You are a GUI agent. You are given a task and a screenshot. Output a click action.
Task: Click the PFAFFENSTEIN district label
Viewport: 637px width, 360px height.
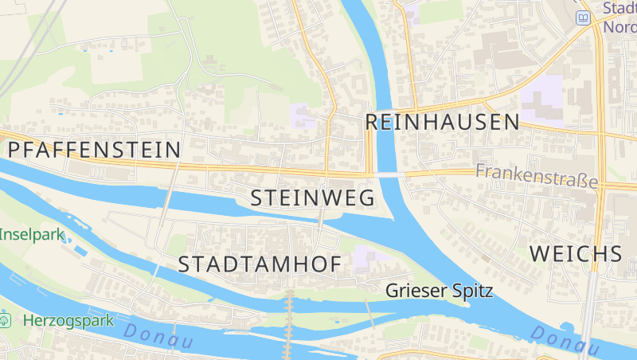pos(94,149)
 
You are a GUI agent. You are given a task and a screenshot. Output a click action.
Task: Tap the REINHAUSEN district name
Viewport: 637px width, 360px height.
pos(442,122)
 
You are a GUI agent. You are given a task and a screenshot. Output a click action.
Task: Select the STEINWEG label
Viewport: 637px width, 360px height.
pos(312,198)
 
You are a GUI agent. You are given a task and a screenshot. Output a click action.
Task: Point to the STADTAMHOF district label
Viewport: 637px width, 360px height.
pos(260,264)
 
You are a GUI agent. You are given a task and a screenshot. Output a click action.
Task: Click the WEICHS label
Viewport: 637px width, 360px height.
pos(575,254)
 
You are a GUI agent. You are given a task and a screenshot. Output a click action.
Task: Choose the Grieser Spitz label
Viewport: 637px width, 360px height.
pos(439,291)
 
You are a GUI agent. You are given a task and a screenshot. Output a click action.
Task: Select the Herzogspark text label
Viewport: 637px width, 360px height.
pos(68,320)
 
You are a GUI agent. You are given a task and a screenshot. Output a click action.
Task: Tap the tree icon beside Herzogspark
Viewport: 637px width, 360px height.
pos(6,320)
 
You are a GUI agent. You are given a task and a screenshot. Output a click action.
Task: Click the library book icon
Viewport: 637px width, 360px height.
pos(584,18)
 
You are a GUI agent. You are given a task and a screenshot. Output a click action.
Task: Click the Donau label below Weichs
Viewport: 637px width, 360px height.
pos(565,340)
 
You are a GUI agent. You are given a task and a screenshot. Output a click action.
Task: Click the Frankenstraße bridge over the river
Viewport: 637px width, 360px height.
pos(389,173)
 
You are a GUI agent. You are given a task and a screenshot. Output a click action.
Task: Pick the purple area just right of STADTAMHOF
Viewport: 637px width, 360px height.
pos(365,257)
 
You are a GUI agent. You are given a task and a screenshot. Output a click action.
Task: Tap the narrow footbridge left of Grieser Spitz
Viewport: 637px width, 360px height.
pos(370,315)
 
